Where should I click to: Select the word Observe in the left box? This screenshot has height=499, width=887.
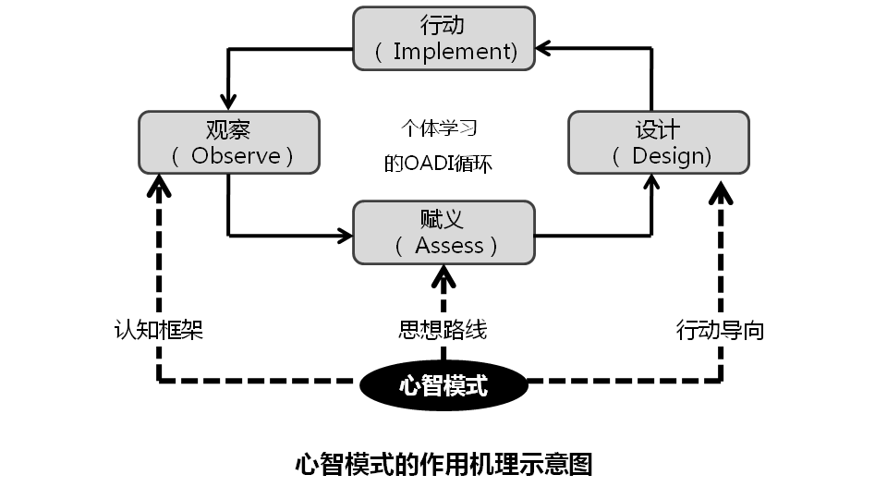click(x=236, y=156)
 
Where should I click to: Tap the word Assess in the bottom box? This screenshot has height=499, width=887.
click(x=450, y=246)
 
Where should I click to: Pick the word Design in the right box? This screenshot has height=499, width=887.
click(x=671, y=156)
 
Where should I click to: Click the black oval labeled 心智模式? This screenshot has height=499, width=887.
click(x=443, y=385)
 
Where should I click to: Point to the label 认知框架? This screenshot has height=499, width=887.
click(x=158, y=330)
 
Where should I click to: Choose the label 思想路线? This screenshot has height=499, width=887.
click(x=443, y=330)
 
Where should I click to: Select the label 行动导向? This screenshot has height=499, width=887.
click(x=720, y=330)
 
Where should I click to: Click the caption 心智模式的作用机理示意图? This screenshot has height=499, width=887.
click(x=443, y=463)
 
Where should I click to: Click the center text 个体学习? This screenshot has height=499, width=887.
click(x=438, y=128)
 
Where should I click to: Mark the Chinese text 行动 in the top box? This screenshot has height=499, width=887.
click(x=443, y=25)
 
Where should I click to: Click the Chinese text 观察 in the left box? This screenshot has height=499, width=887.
click(x=228, y=129)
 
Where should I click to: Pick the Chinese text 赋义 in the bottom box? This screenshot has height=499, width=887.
click(x=443, y=219)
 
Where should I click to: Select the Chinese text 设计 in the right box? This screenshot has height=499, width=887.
click(x=658, y=129)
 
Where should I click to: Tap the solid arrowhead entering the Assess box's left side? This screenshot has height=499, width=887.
click(x=345, y=236)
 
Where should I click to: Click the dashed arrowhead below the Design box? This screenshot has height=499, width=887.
click(x=721, y=191)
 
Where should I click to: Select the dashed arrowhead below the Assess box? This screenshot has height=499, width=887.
click(x=443, y=274)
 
